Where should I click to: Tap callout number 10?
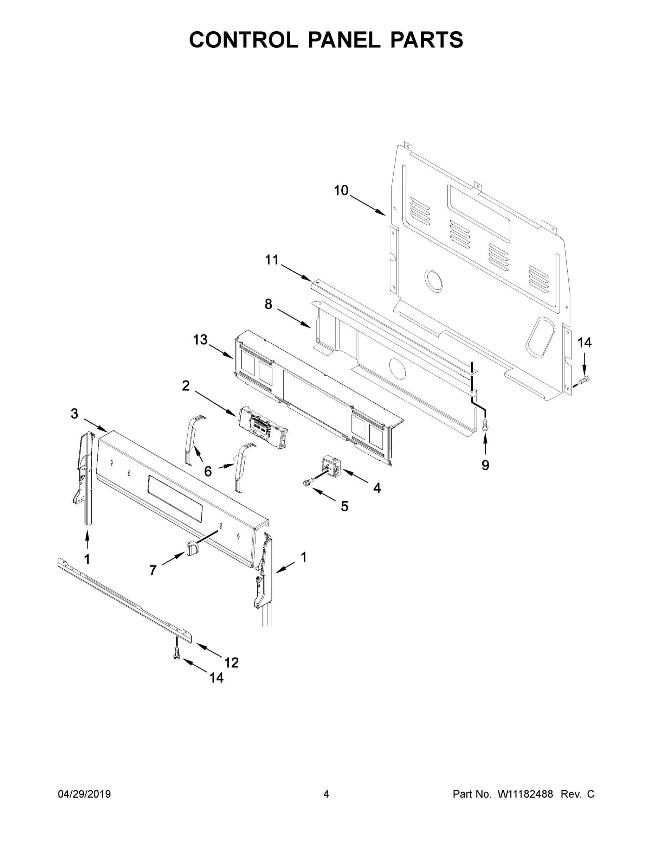point(341,191)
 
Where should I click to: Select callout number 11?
point(272,260)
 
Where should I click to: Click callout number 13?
point(200,340)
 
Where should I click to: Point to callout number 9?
point(485,465)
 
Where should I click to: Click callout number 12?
point(231,663)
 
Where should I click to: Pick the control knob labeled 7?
point(192,548)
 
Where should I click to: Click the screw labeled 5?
point(308,482)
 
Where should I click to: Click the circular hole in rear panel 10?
point(433,280)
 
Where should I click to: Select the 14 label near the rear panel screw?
point(585,343)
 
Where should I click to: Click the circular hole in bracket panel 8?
point(398,368)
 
